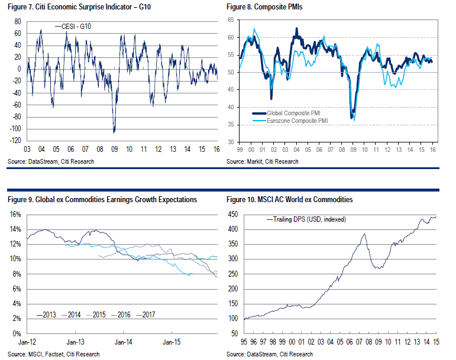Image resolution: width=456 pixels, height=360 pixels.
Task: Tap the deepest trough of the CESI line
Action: tap(114, 132)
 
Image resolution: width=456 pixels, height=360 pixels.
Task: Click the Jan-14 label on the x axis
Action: tap(123, 342)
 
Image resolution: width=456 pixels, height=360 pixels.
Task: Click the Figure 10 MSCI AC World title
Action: tap(289, 200)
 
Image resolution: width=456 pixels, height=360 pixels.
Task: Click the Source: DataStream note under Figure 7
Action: tap(51, 161)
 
